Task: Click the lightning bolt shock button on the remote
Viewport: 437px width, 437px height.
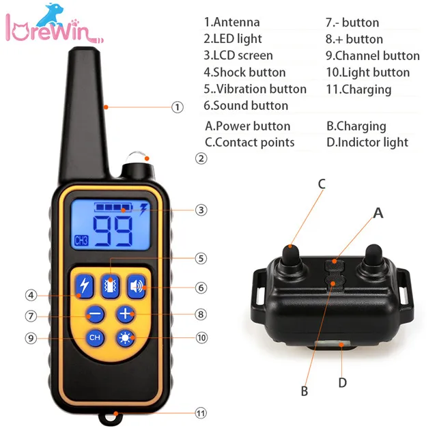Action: click(x=84, y=287)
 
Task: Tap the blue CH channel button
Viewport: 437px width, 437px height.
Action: click(x=95, y=337)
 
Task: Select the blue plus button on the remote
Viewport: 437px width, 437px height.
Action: click(x=125, y=315)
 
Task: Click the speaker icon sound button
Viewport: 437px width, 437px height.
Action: click(x=137, y=287)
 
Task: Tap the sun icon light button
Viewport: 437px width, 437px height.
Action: click(x=125, y=337)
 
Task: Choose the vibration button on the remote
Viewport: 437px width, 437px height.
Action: click(x=110, y=287)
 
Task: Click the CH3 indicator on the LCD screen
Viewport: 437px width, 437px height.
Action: click(x=81, y=240)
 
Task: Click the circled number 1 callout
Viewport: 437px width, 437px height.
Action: click(x=178, y=107)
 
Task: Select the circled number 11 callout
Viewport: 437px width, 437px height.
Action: click(x=201, y=413)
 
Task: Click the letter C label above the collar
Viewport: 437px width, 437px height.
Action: click(x=322, y=184)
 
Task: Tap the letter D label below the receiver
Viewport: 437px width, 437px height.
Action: click(x=342, y=383)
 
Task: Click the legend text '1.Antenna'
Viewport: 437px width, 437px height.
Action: click(x=231, y=23)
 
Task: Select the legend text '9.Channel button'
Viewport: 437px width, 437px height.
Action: click(x=372, y=56)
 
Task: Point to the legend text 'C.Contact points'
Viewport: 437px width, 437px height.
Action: click(x=250, y=142)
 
